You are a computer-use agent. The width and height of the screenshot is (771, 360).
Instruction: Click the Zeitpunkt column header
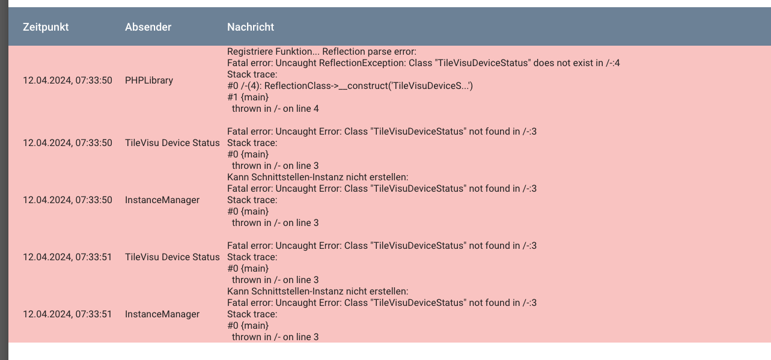click(46, 27)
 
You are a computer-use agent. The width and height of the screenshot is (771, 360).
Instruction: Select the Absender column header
click(148, 27)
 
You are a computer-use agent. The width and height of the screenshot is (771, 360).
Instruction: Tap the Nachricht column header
click(251, 27)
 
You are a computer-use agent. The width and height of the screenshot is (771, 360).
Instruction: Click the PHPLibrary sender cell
click(149, 80)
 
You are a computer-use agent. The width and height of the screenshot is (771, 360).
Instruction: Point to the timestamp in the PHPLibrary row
click(67, 80)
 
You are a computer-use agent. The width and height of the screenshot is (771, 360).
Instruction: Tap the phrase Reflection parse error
click(370, 52)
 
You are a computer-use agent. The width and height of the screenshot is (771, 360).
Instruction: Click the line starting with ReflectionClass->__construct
click(350, 86)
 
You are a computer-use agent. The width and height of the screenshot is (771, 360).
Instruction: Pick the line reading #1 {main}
click(248, 97)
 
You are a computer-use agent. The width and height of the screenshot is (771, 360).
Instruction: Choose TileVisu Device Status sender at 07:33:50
click(172, 143)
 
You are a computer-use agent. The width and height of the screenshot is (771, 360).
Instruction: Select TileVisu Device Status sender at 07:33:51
click(172, 257)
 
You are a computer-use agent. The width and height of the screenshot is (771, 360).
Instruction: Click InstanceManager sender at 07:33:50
click(162, 200)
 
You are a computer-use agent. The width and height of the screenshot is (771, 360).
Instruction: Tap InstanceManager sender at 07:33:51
click(162, 314)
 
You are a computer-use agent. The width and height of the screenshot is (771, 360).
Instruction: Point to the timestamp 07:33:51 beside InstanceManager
click(67, 314)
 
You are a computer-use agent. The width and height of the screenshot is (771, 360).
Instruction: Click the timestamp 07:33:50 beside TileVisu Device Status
click(67, 143)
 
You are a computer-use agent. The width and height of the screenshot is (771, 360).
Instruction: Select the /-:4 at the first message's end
click(613, 63)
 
